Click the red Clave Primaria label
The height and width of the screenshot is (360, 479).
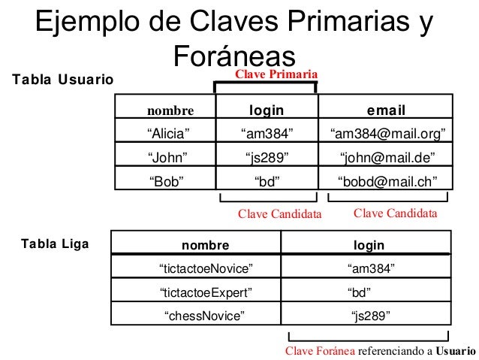point(277,74)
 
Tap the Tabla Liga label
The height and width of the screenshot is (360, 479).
point(55,244)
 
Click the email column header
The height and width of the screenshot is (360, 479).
point(386,111)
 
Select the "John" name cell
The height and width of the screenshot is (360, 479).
point(168,157)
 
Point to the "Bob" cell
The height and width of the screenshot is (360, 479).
point(167,180)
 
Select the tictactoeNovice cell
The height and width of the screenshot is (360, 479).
point(206,268)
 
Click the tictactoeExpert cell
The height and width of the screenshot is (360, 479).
point(206,292)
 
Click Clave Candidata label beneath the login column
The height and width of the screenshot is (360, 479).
point(279,214)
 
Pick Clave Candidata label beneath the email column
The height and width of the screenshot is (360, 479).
point(394,213)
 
